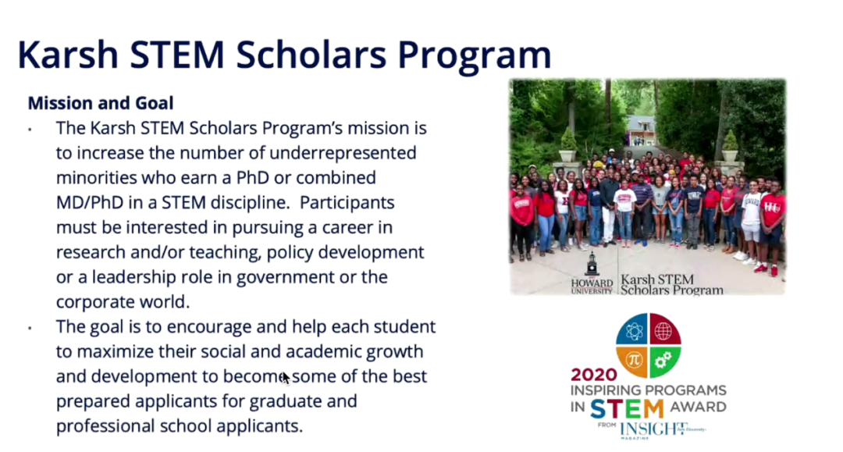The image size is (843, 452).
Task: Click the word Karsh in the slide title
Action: click(68, 55)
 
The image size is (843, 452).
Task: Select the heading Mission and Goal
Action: click(101, 102)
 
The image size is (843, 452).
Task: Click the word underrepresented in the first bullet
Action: click(343, 153)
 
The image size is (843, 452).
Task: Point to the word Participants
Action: click(347, 203)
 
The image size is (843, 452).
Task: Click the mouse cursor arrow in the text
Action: click(286, 378)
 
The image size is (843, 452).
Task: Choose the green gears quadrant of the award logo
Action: click(665, 362)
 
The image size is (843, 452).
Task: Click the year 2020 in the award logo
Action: click(594, 375)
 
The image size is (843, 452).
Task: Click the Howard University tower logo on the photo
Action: click(592, 265)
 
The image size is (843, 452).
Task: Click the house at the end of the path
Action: click(642, 130)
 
